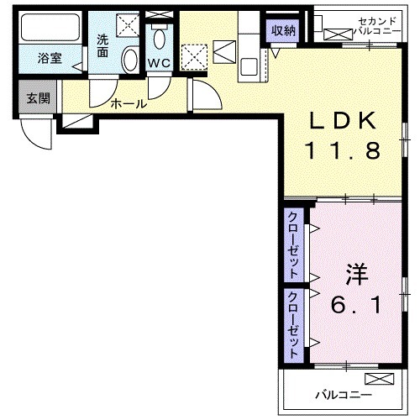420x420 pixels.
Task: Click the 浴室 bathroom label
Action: click(49, 60)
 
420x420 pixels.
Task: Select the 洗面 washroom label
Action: click(102, 45)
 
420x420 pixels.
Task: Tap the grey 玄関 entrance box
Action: click(37, 98)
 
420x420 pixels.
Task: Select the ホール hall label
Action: click(129, 104)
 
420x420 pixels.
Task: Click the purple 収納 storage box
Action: click(283, 31)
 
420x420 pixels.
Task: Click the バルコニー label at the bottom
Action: click(339, 392)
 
